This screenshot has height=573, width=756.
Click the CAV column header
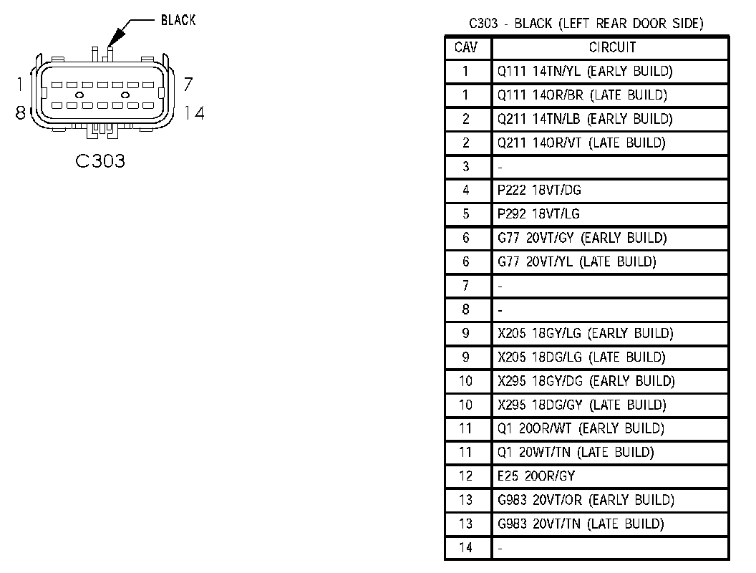click(467, 48)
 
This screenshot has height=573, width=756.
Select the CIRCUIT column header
click(611, 48)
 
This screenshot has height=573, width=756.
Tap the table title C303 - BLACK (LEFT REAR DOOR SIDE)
click(586, 24)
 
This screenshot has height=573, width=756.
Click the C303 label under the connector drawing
click(100, 161)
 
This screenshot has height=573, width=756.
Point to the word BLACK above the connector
click(178, 21)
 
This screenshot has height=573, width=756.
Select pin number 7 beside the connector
click(188, 85)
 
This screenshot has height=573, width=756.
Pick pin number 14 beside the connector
click(193, 112)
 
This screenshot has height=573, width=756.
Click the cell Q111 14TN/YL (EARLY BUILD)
click(585, 72)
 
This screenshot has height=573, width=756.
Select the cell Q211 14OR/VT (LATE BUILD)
click(581, 143)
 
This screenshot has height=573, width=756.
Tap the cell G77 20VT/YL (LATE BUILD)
click(576, 261)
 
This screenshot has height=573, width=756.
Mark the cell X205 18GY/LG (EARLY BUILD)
click(586, 333)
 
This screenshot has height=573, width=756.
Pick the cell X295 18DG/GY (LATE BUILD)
click(581, 405)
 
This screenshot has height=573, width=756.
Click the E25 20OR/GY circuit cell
click(536, 476)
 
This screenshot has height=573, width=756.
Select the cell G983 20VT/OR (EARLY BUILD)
click(586, 500)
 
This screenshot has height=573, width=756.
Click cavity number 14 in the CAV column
click(467, 547)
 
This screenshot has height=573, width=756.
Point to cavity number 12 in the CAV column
click(467, 476)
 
